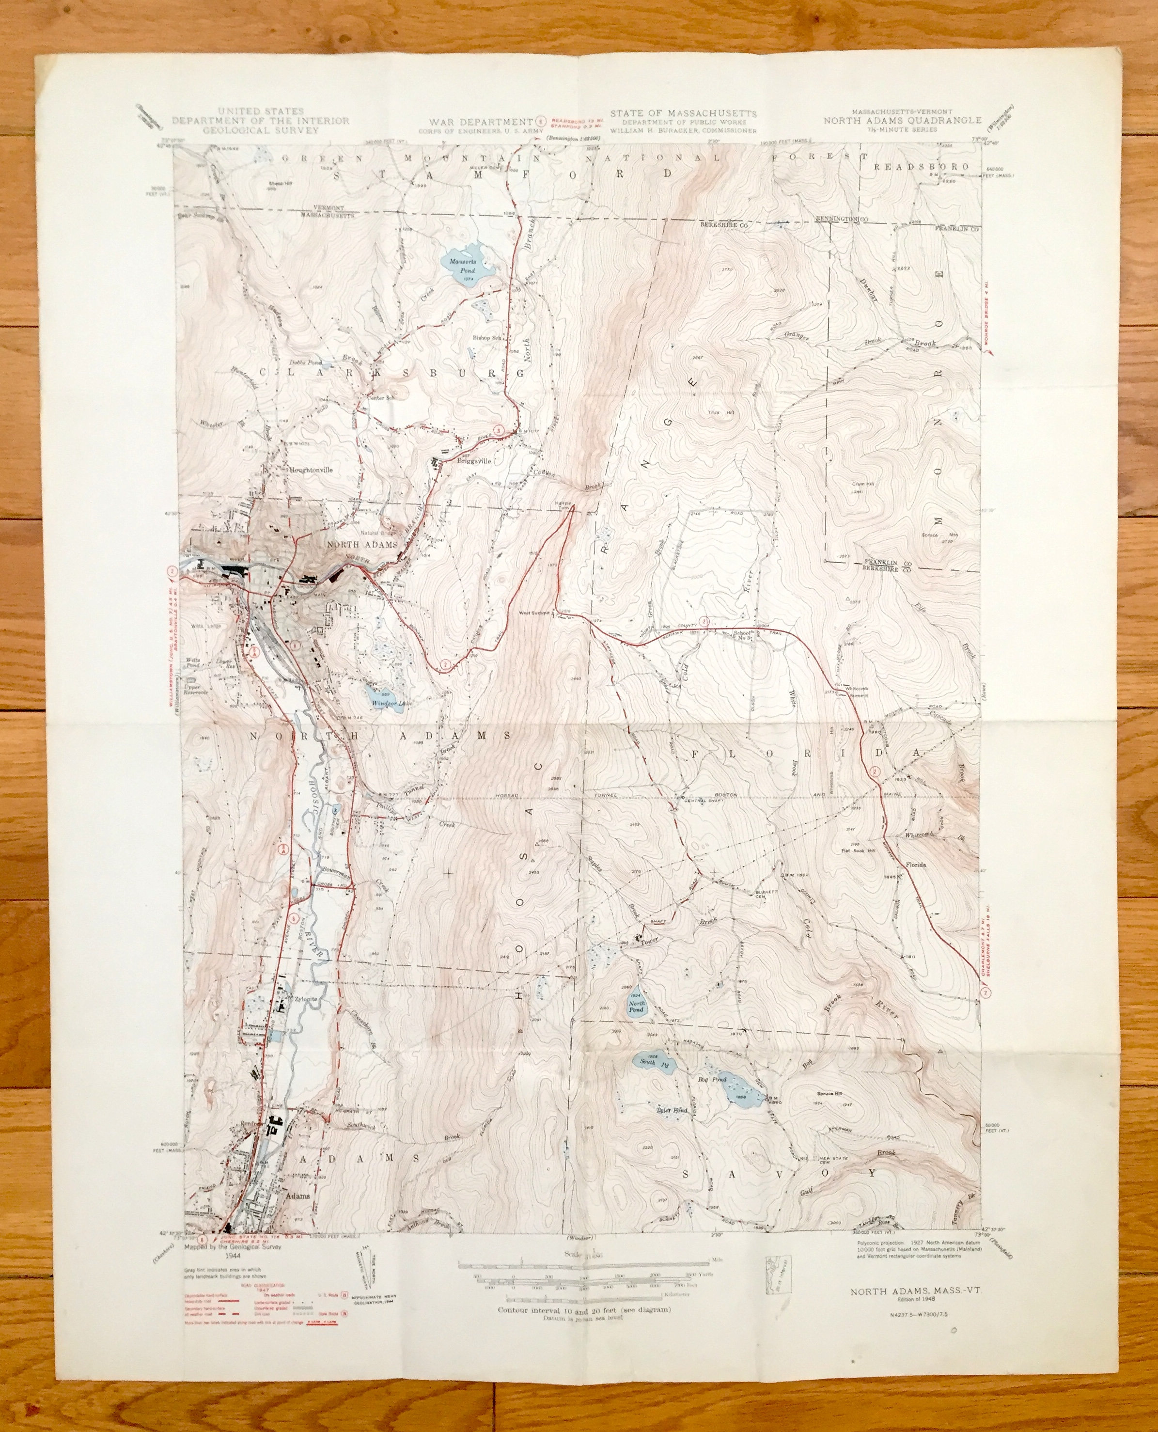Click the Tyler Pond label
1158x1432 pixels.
coord(669,1110)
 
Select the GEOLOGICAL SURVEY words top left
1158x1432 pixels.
coord(261,130)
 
